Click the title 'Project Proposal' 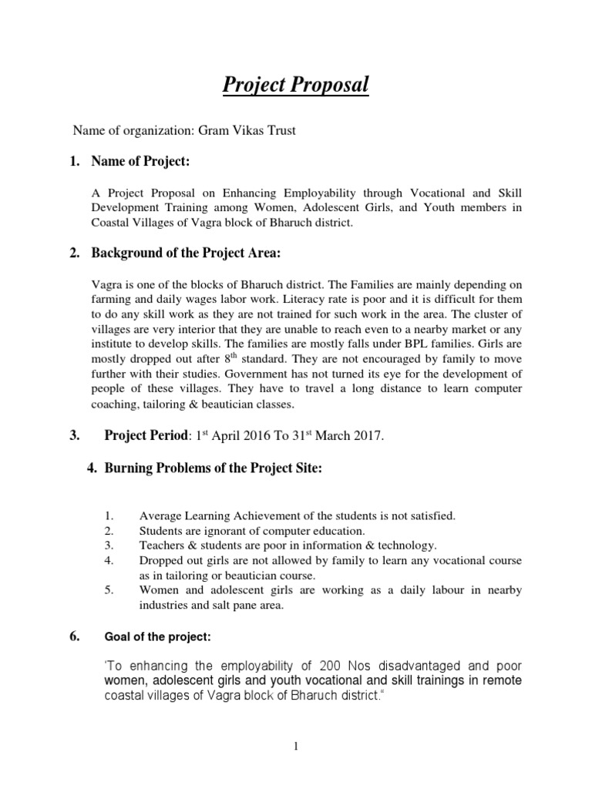pyautogui.click(x=296, y=85)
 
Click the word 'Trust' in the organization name pyautogui.click(x=280, y=130)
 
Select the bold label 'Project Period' pyautogui.click(x=146, y=436)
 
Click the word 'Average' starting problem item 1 pyautogui.click(x=160, y=515)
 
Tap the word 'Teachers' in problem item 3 pyautogui.click(x=164, y=545)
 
